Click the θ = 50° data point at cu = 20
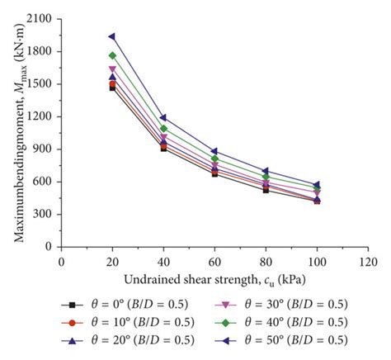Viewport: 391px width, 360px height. click(112, 36)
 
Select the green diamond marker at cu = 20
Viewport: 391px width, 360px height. click(112, 55)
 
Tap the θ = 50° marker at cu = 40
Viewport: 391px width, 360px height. click(163, 117)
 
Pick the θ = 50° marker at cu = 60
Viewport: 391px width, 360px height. click(214, 151)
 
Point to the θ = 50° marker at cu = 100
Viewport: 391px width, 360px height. click(317, 185)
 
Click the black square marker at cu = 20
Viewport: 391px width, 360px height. click(112, 88)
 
